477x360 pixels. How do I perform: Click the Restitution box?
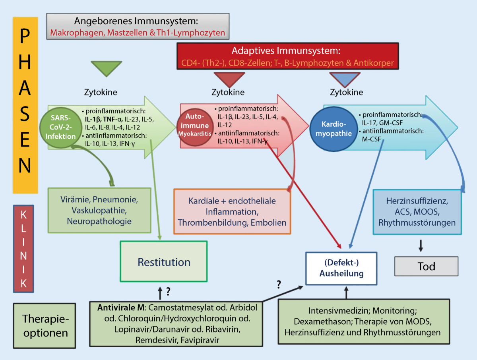pos(164,262)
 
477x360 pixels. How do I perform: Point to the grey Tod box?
pos(426,266)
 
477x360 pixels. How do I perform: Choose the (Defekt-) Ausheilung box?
pos(341,269)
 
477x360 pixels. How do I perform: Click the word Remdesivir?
pos(156,340)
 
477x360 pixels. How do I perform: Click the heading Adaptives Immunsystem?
pos(287,51)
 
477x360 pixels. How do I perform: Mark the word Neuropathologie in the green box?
pos(99,221)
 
